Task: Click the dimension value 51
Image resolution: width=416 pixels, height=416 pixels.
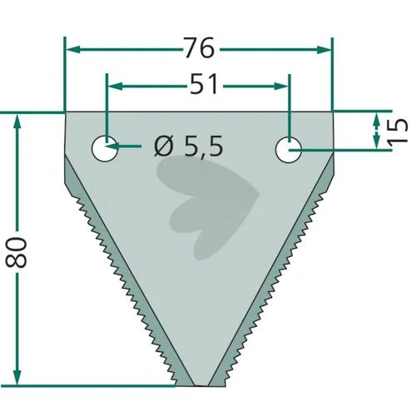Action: coord(205,84)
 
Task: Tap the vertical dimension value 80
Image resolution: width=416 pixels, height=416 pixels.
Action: coord(16,252)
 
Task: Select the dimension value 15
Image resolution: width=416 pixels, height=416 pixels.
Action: coord(398,131)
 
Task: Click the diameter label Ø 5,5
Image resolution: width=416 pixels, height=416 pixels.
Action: coord(189,146)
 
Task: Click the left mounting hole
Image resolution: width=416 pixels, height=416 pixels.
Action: coord(105,149)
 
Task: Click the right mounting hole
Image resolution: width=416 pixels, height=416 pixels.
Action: coord(289,150)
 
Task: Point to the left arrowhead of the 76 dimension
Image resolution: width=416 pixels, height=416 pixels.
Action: coord(73,50)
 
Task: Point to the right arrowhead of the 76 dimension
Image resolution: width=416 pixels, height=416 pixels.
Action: coord(324,50)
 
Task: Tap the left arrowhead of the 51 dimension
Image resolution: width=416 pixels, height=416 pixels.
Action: coord(115,87)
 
